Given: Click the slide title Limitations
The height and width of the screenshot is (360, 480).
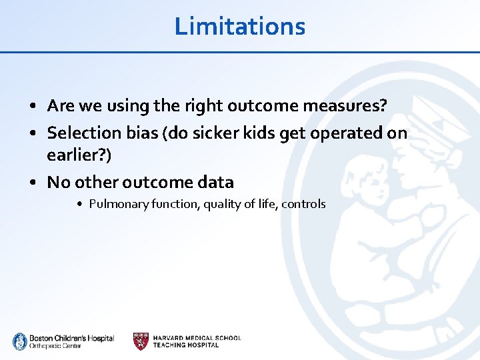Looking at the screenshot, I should coord(239,26).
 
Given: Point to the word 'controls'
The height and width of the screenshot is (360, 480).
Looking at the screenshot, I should coord(303,204).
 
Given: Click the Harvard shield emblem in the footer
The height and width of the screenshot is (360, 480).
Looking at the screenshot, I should coord(141,341).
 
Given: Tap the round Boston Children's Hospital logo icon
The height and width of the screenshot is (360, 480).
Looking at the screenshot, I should coord(19,341).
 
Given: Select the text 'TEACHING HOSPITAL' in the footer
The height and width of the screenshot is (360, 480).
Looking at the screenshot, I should coord(186,345).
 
